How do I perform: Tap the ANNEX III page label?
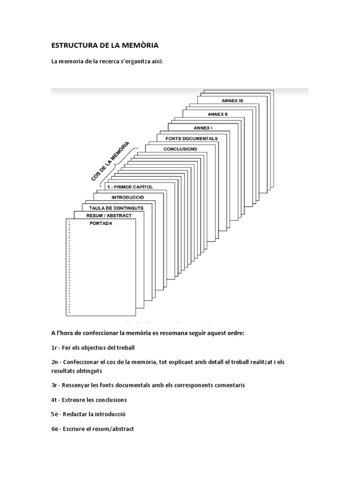(x=232, y=100)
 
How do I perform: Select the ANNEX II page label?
(x=217, y=114)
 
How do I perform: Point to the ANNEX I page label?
(x=202, y=127)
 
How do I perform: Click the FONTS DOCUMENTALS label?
(x=191, y=139)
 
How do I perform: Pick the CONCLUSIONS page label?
(x=180, y=149)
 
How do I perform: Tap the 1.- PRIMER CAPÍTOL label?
(x=130, y=187)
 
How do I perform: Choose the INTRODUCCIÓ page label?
(x=124, y=197)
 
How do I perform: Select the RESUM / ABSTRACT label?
(x=109, y=216)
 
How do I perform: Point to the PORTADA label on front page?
(x=101, y=224)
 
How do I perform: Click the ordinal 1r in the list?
(x=54, y=347)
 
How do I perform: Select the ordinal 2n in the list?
(x=55, y=362)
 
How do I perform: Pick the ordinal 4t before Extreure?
(x=55, y=400)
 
